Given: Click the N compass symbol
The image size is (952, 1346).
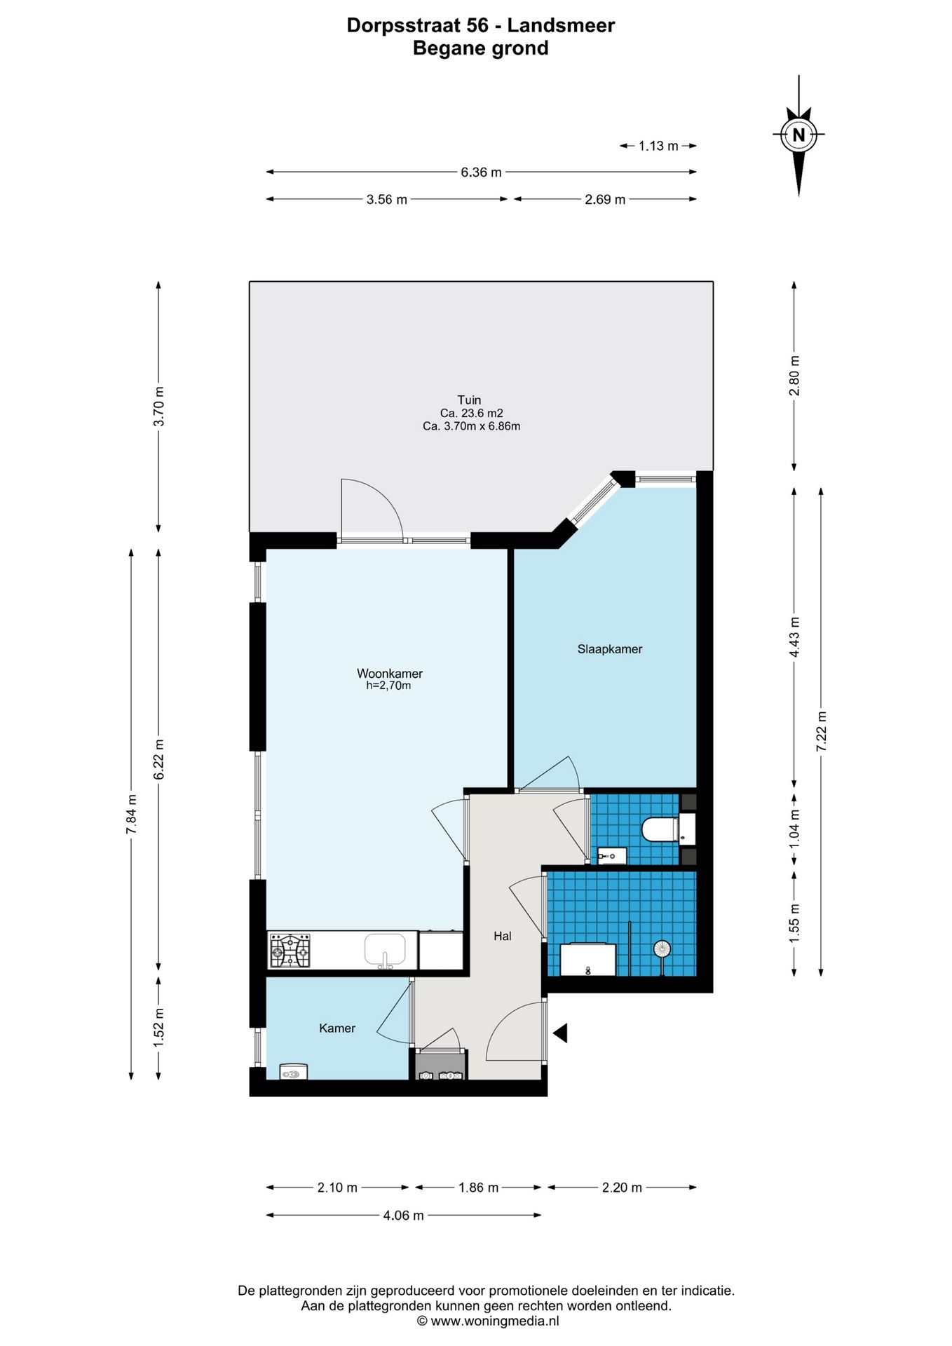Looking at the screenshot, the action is click(798, 134).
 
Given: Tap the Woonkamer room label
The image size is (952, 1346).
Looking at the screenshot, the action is click(390, 674).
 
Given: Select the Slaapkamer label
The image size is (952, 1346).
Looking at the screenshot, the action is click(610, 649).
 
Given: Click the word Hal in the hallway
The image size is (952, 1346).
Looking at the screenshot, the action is click(503, 936).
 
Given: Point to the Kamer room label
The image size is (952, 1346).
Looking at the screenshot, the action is click(337, 1028).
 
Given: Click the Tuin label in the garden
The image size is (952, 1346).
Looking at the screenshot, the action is click(470, 400).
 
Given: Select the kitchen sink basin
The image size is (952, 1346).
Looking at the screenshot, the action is click(385, 950).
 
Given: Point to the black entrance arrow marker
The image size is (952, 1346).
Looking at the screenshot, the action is click(559, 1033).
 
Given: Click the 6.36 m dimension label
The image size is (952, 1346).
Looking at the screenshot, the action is click(481, 172).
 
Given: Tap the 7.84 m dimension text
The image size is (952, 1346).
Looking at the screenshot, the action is click(131, 814).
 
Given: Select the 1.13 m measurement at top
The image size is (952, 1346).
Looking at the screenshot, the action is click(658, 146).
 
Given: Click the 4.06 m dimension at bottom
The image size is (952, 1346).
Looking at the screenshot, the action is click(403, 1215).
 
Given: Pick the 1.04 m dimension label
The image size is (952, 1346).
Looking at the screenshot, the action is click(794, 829).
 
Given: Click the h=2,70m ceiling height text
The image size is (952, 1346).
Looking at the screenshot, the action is click(388, 686).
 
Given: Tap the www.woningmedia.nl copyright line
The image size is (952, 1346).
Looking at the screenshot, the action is click(488, 1321).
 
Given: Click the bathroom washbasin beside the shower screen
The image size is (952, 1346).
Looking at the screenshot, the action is click(587, 960).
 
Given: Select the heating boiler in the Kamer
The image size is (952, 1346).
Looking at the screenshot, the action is click(293, 1072).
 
